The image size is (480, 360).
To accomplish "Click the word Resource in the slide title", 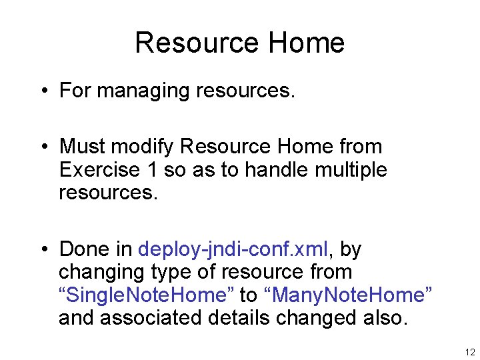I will point(187,43).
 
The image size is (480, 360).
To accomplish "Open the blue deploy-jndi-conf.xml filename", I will point(233,249).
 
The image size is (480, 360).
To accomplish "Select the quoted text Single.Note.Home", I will point(146,295).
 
